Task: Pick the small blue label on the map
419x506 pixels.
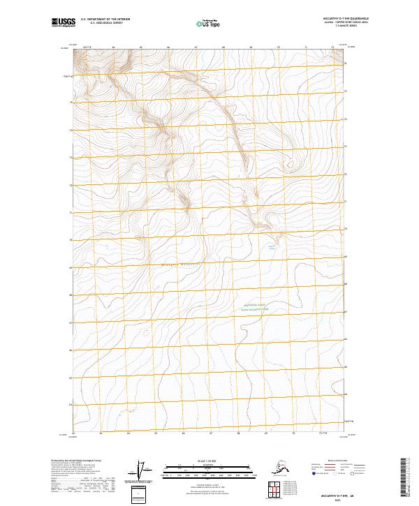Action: pyautogui.click(x=272, y=246)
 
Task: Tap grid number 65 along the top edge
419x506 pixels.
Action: pyautogui.click(x=141, y=48)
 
